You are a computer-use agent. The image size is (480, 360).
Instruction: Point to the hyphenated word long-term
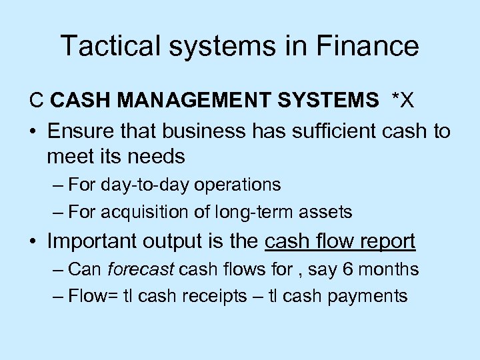coord(248,213)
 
